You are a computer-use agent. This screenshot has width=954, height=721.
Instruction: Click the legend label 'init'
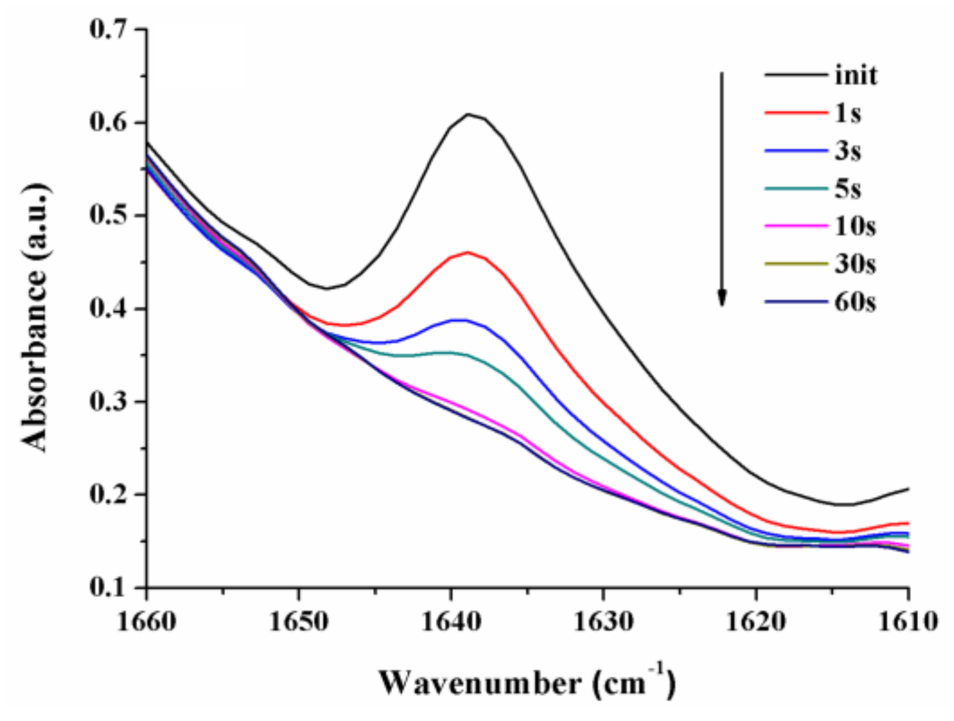856,76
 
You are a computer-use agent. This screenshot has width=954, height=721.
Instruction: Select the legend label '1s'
848,113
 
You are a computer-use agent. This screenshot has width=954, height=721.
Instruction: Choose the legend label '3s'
848,151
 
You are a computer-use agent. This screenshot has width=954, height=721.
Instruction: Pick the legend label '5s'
848,189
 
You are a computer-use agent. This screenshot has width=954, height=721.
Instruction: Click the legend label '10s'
855,227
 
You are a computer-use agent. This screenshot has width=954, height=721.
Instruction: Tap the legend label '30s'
855,264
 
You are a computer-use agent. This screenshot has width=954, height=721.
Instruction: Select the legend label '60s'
855,303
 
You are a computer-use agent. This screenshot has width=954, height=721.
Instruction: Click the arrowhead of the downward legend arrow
722,298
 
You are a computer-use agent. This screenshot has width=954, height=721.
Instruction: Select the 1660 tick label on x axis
146,622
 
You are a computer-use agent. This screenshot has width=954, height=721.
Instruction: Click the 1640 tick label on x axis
451,622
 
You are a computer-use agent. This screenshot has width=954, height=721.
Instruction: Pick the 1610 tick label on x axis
908,622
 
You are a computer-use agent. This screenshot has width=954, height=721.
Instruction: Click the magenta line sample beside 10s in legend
795,227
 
